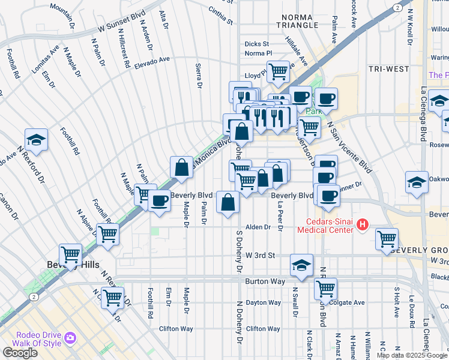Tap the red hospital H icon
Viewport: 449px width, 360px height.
363,225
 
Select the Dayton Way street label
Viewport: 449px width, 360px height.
263,302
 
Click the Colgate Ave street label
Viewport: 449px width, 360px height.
347,302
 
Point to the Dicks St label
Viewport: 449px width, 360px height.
257,44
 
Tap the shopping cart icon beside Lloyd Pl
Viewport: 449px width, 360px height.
278,71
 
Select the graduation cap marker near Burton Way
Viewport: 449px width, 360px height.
301,264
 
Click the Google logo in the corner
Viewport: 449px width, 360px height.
20,353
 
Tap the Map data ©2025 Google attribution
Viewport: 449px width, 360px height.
412,355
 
